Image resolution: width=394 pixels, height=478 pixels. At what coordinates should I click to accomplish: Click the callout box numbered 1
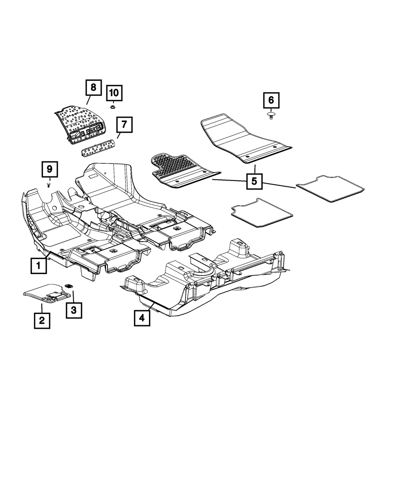(x=39, y=266)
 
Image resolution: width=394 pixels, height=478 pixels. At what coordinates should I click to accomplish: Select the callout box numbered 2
(x=41, y=321)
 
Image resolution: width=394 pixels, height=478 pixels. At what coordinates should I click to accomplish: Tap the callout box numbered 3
(x=74, y=310)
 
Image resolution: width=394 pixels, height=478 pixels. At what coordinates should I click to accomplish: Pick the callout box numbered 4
(x=142, y=317)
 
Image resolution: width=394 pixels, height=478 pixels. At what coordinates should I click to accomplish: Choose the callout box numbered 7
(x=124, y=125)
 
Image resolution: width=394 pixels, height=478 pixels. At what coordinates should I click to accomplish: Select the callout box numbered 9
(x=50, y=169)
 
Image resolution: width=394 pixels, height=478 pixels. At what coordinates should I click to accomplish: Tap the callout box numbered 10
(x=114, y=93)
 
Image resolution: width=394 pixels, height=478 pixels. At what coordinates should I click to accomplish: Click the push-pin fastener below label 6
(x=271, y=115)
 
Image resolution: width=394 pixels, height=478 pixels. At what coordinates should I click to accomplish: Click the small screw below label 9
(x=49, y=184)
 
